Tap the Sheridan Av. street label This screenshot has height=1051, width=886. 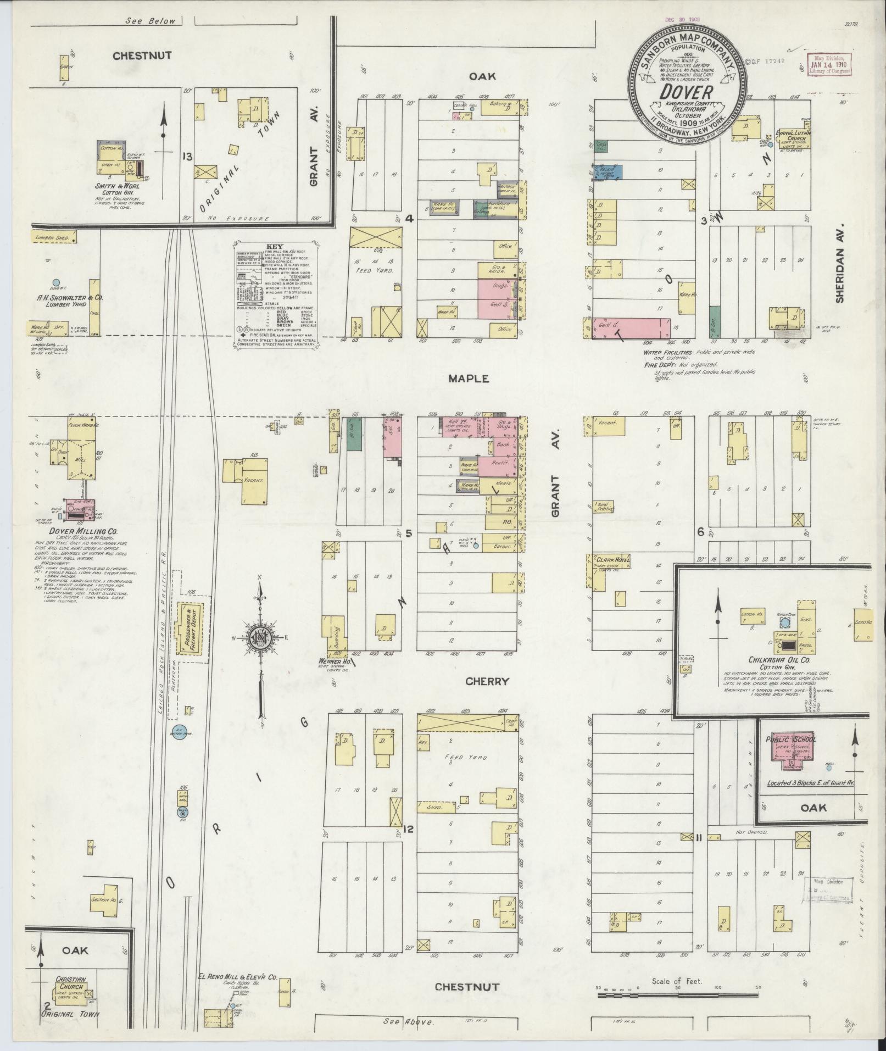click(838, 266)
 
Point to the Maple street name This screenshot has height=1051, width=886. click(468, 379)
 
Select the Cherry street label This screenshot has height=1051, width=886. click(487, 681)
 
